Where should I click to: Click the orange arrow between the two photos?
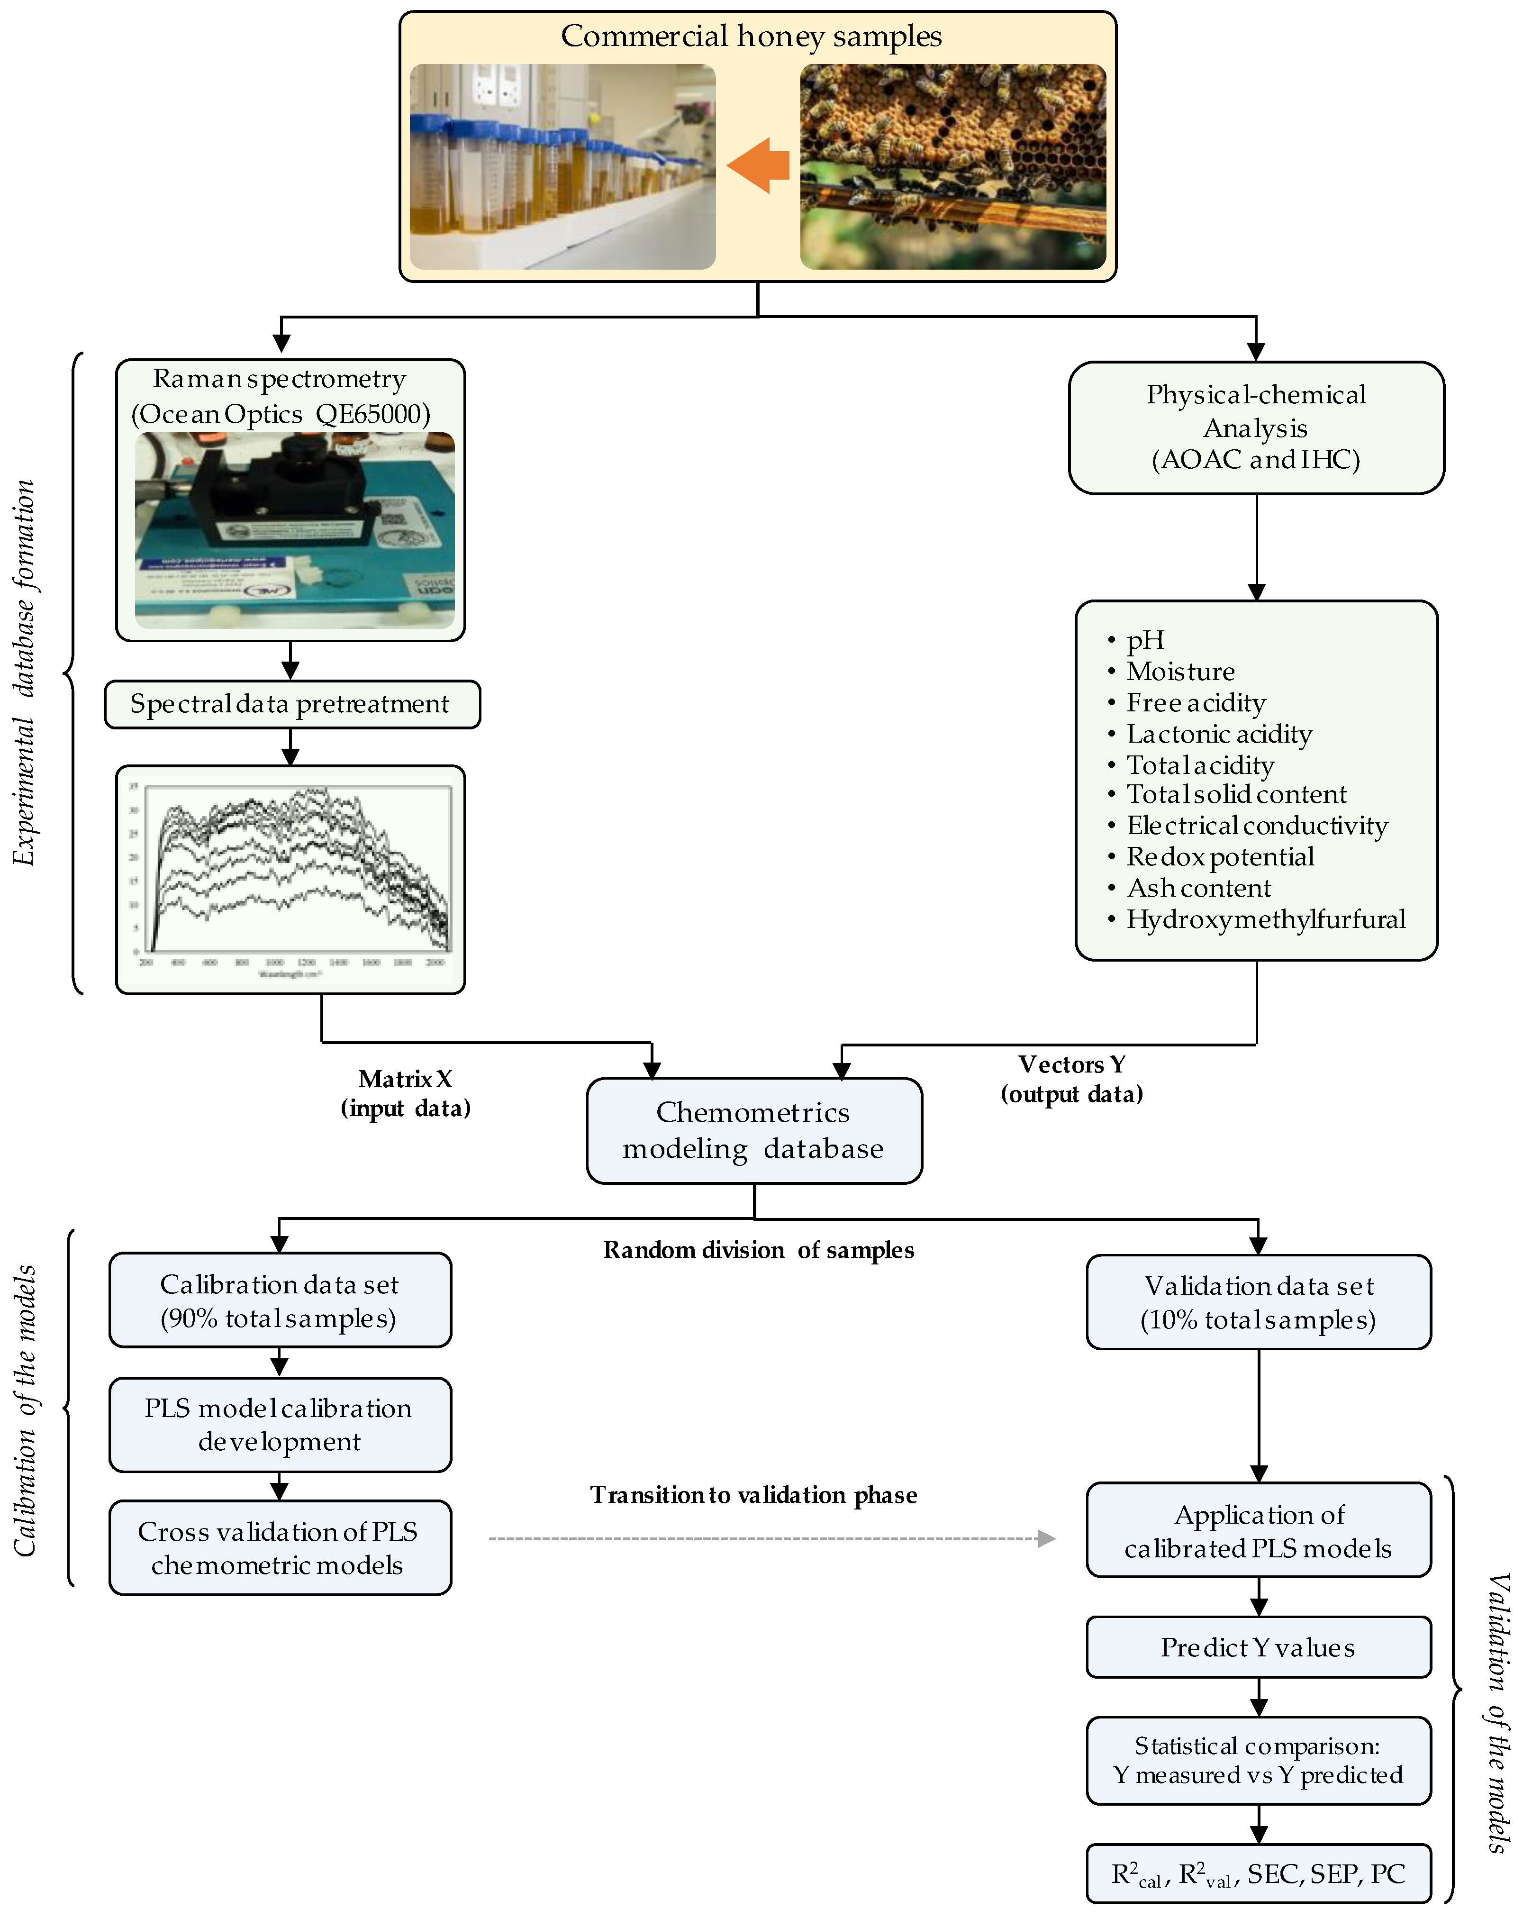click(x=758, y=165)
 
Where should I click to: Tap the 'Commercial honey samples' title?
click(x=751, y=36)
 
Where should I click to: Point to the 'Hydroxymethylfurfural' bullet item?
click(x=1265, y=919)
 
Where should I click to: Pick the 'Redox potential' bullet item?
click(x=1220, y=857)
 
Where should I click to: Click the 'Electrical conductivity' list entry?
click(x=1256, y=826)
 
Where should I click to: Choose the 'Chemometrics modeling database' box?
click(x=753, y=1131)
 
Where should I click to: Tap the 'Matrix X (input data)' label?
click(x=406, y=1093)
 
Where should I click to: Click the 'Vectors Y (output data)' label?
click(x=1072, y=1079)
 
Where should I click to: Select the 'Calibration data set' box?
click(x=280, y=1300)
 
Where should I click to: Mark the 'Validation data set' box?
click(x=1258, y=1302)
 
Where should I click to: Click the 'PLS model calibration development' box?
click(x=280, y=1424)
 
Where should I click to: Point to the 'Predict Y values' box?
click(x=1258, y=1647)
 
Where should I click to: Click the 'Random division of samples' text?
click(x=758, y=1250)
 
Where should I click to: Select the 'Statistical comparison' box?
click(x=1258, y=1761)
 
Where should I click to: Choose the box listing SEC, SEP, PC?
click(x=1258, y=1874)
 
